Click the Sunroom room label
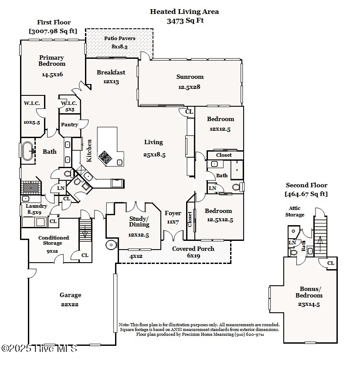click(x=190, y=77)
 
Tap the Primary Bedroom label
click(x=51, y=61)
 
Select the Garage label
click(x=70, y=295)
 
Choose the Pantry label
click(x=69, y=125)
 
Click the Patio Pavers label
click(x=119, y=38)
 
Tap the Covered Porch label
click(x=193, y=249)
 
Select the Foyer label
click(x=173, y=213)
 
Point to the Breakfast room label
click(x=111, y=72)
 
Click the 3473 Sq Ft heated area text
click(x=185, y=20)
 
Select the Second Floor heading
click(x=306, y=185)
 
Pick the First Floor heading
click(x=54, y=22)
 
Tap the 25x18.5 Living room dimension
click(x=154, y=155)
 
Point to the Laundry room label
click(x=36, y=206)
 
